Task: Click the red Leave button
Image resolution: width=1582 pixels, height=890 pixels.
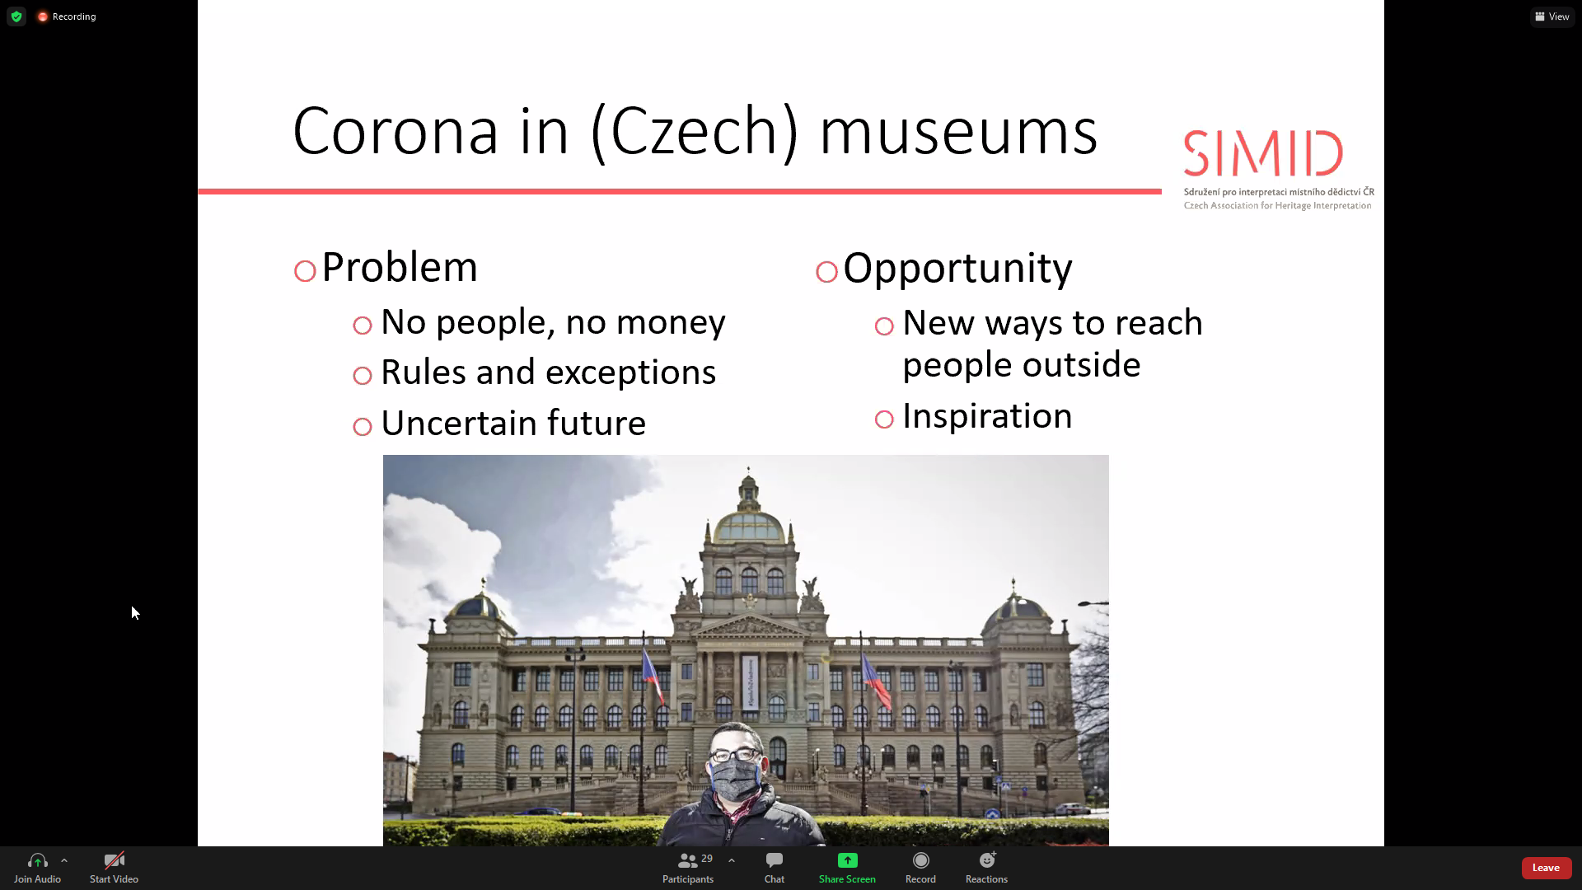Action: click(1546, 868)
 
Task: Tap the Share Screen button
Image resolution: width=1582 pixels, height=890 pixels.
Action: click(847, 868)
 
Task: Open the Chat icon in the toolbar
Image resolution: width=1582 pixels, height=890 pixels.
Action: click(775, 868)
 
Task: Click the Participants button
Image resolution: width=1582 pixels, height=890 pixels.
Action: click(688, 868)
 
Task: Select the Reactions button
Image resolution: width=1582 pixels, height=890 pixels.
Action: click(986, 868)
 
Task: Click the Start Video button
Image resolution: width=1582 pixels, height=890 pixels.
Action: click(114, 868)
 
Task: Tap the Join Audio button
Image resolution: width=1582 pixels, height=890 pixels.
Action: click(37, 868)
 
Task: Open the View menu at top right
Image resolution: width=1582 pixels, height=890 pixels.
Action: click(1552, 16)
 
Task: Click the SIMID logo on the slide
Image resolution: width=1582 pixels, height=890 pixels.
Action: click(1278, 169)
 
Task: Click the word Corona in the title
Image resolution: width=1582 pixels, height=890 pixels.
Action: click(395, 131)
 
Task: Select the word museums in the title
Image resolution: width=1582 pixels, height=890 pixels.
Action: click(958, 132)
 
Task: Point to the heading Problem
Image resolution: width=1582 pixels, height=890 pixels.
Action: click(400, 267)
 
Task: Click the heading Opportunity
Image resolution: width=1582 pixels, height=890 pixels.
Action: click(957, 269)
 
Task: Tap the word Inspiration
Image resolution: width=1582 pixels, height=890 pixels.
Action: click(987, 416)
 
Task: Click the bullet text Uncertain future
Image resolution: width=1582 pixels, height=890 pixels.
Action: click(513, 423)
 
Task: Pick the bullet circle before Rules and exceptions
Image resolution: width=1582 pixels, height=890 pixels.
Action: click(363, 376)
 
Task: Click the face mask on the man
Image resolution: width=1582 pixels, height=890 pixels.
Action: click(736, 777)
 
